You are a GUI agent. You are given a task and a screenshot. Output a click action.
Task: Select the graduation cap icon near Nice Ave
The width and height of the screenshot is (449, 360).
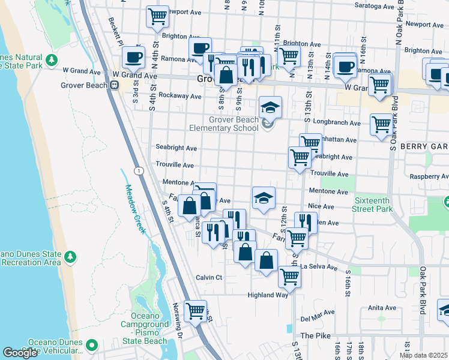[x=263, y=199]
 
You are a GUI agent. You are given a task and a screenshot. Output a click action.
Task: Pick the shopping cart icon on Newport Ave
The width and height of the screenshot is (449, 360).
[x=157, y=16]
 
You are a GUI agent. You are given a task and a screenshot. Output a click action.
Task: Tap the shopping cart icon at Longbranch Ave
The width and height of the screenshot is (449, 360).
[x=381, y=125]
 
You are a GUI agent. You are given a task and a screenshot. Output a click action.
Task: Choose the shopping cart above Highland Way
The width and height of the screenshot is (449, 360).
[x=289, y=277]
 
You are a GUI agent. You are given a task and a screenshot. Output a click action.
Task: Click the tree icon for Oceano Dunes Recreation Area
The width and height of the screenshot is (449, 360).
[x=71, y=257]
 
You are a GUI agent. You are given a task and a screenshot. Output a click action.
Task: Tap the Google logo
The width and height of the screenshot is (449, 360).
[x=20, y=353]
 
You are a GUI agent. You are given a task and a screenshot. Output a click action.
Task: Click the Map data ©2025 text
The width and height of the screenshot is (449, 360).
[x=423, y=355]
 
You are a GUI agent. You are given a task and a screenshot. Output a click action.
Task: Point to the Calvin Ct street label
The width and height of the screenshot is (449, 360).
[x=209, y=277]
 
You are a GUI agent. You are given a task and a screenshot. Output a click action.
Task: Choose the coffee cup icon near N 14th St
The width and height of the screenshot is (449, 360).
[x=345, y=67]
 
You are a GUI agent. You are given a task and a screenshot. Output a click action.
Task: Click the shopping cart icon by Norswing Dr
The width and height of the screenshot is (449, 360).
[x=195, y=311]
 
